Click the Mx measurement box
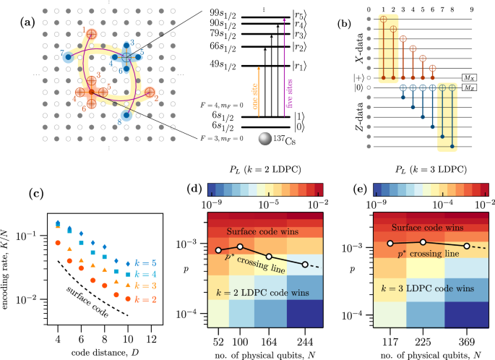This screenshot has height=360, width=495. pos(467,75)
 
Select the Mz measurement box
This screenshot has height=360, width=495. pos(467,87)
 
